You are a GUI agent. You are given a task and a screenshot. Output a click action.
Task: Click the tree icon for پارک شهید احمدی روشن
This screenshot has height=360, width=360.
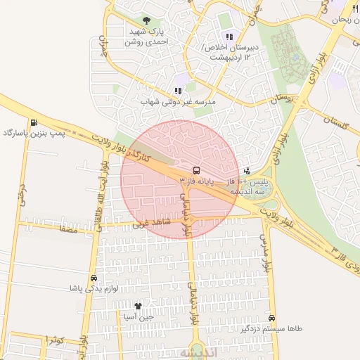tap(146, 21)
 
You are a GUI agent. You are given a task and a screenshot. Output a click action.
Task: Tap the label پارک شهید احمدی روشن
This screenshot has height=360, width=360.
tap(146, 37)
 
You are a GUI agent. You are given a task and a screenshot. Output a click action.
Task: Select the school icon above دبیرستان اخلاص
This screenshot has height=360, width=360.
tap(229, 37)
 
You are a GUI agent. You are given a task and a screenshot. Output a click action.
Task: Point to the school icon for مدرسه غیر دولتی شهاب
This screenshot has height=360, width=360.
tap(178, 91)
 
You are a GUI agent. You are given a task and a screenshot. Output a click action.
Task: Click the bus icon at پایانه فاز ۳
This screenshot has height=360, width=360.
tap(195, 170)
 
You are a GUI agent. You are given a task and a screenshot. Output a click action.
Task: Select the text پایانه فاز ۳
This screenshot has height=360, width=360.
tap(195, 181)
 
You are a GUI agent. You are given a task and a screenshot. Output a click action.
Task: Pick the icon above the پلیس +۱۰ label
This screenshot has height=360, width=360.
tap(247, 170)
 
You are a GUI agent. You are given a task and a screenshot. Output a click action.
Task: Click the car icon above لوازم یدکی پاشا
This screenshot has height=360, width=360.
tap(94, 277)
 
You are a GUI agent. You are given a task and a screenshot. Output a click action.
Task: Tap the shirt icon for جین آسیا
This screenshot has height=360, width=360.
tap(138, 306)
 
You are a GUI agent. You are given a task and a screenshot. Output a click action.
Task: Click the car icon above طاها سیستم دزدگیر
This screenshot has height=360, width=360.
tap(271, 318)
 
